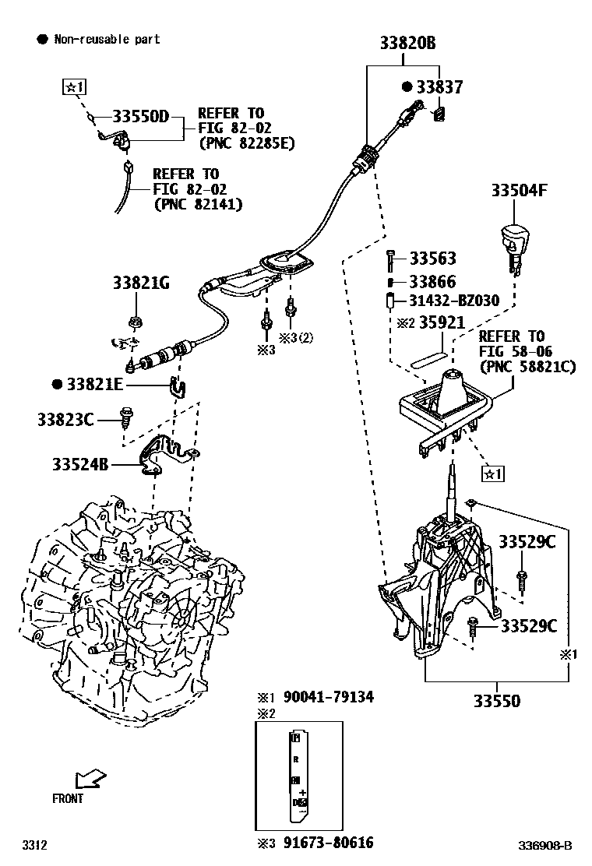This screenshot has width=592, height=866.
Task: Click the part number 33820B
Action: pos(407,44)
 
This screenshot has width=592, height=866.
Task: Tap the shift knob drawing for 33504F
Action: pos(514,242)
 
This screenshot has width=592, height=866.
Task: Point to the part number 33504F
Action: pos(523,190)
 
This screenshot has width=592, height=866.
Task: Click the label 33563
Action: pos(432,259)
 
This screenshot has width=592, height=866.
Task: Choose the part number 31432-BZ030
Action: pos(454,301)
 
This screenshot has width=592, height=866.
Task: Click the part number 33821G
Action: pos(140,283)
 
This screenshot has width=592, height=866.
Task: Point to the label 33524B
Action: pos(80,465)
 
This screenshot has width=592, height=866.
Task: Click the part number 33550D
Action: pos(140,117)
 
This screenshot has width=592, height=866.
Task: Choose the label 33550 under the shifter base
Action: pos(496,701)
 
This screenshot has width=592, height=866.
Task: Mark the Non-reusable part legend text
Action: pos(106,39)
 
